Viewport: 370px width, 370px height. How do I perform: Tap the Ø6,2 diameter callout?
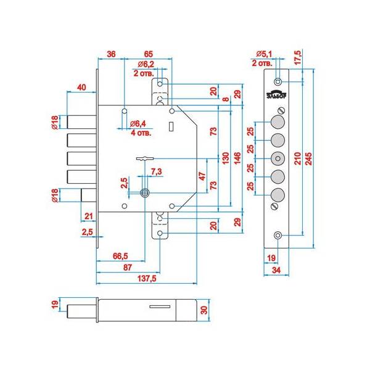146,64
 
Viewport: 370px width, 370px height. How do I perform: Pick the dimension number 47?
202,178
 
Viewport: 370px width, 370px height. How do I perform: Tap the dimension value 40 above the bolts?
81,87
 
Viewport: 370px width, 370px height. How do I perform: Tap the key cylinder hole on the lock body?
145,192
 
